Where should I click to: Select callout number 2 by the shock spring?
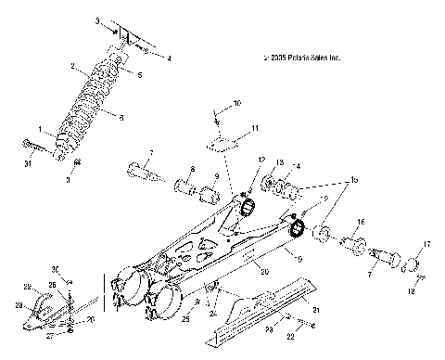(x=72, y=67)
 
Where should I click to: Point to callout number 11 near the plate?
(x=230, y=125)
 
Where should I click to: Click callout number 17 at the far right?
(x=427, y=245)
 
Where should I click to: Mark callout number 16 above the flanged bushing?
(x=361, y=223)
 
